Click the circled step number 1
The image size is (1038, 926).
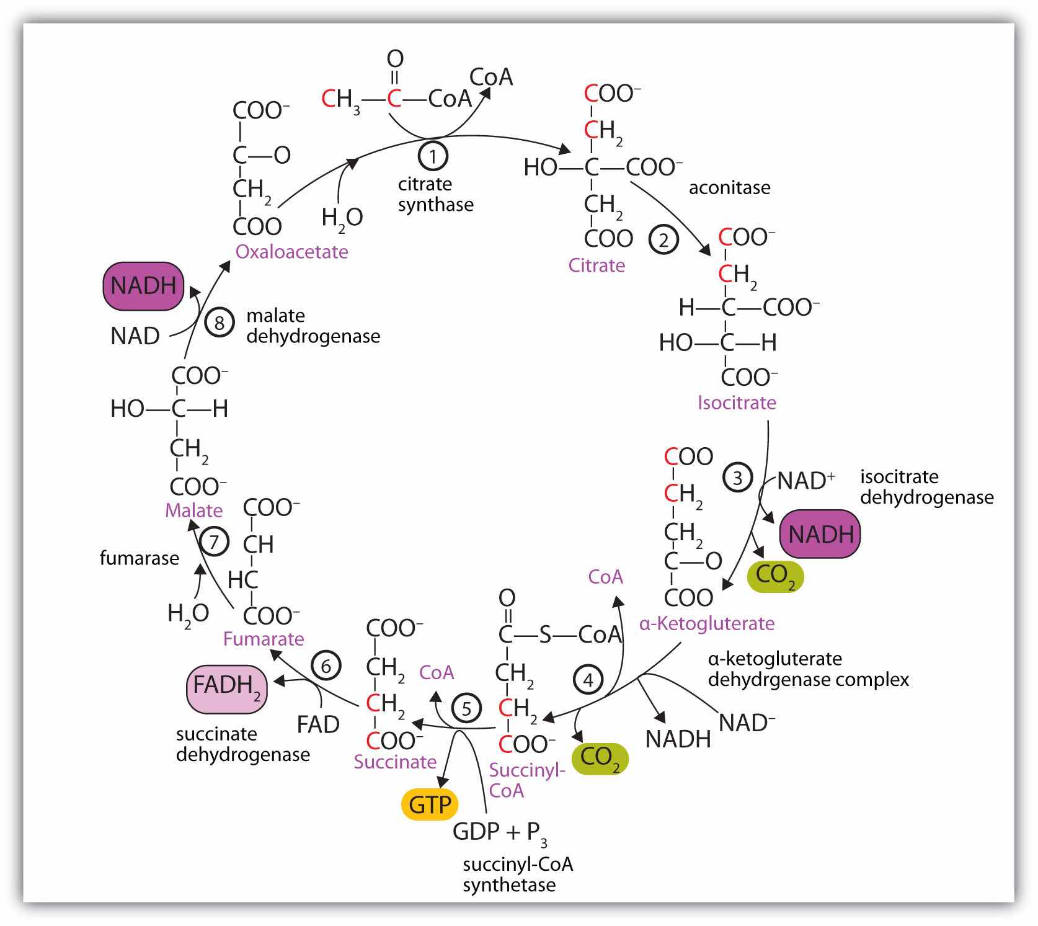tap(433, 156)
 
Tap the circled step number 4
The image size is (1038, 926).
tap(587, 680)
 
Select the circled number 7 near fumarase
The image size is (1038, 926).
tap(214, 541)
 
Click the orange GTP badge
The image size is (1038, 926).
tap(430, 804)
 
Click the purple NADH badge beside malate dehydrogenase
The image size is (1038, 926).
tap(143, 286)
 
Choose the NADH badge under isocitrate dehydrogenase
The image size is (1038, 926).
tap(820, 534)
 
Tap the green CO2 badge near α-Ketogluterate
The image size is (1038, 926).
tap(775, 576)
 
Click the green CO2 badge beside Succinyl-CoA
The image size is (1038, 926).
tap(600, 758)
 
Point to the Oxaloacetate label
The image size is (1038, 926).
tap(291, 252)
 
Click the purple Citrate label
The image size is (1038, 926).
tap(597, 265)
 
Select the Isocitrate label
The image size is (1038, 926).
tap(737, 403)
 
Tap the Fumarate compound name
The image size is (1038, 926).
tap(264, 639)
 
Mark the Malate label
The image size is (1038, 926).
tap(193, 510)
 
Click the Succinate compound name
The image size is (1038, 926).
tap(395, 762)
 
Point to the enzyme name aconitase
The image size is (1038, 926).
tap(729, 187)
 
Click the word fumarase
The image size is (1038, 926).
tap(139, 558)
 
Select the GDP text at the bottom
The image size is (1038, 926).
tap(476, 831)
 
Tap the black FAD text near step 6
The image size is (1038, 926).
tap(318, 724)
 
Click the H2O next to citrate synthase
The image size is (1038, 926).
tap(342, 218)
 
